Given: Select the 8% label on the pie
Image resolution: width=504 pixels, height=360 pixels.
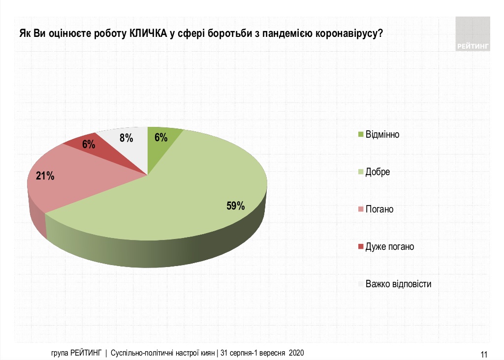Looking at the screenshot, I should click(126, 138).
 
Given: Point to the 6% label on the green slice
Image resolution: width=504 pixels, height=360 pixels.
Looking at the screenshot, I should click(161, 138).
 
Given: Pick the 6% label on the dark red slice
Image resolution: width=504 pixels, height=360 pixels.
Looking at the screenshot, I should click(89, 145).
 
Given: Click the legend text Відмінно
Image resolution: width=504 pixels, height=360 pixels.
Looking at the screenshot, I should click(382, 135).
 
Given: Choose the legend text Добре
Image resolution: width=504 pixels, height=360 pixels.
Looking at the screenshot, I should click(378, 172).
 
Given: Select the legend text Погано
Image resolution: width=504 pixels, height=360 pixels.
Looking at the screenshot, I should click(379, 210).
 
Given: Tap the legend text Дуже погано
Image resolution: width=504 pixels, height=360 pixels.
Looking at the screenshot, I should click(389, 246).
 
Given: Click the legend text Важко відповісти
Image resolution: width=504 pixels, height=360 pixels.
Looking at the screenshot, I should click(398, 284).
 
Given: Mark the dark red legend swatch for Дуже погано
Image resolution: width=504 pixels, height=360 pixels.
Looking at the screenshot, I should click(361, 247).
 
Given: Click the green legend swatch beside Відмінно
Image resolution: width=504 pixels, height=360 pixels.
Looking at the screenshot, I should click(361, 135).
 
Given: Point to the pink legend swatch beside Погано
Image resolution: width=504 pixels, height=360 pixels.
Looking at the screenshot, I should click(361, 210).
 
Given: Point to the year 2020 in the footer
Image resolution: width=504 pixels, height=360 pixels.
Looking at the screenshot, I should click(296, 353).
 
